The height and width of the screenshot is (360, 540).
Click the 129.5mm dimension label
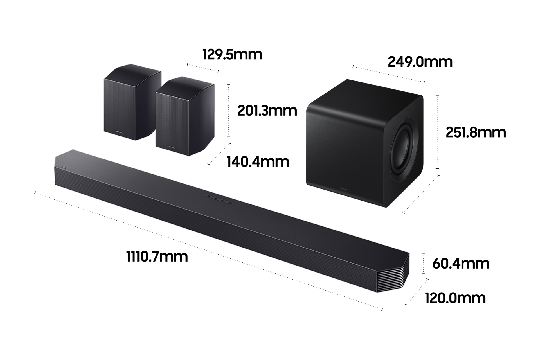[232, 55]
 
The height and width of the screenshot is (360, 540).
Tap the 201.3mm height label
[267, 111]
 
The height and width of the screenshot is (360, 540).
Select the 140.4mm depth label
[258, 162]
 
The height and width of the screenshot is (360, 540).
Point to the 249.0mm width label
[420, 62]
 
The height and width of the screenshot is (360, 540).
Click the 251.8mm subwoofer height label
[476, 132]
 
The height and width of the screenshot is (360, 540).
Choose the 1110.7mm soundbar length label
[157, 257]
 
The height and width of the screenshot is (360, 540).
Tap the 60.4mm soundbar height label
[461, 264]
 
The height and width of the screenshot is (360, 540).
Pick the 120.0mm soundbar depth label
[455, 298]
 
